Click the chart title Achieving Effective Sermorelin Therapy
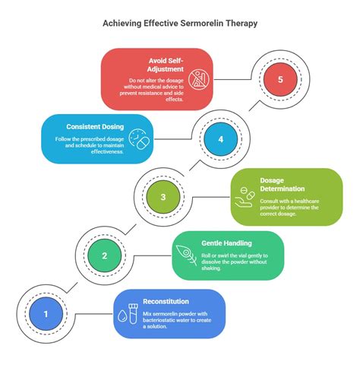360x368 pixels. tap(180, 23)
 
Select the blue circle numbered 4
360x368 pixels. tap(221, 139)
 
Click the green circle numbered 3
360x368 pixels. tap(163, 198)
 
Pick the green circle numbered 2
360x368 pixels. tap(105, 256)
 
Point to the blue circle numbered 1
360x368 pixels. tap(46, 313)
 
